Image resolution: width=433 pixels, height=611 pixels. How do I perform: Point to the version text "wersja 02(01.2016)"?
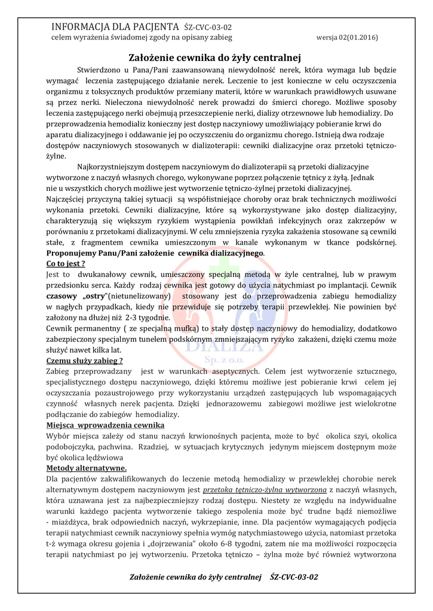[346, 37]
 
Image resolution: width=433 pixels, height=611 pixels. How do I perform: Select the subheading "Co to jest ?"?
[66, 263]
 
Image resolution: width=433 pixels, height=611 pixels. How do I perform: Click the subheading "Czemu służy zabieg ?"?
[85, 360]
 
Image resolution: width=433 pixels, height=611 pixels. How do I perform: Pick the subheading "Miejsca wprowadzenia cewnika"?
[101, 425]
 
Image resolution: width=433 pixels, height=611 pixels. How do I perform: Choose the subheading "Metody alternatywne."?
[86, 468]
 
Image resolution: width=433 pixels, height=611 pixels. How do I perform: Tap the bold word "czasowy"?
[61, 296]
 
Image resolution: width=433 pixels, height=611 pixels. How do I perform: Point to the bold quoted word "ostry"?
[92, 296]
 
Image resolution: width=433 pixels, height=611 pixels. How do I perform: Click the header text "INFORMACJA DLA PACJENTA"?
[115, 27]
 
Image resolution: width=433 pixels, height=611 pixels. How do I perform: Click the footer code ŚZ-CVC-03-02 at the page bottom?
[294, 578]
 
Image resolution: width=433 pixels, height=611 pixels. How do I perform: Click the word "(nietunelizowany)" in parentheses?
[139, 296]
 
